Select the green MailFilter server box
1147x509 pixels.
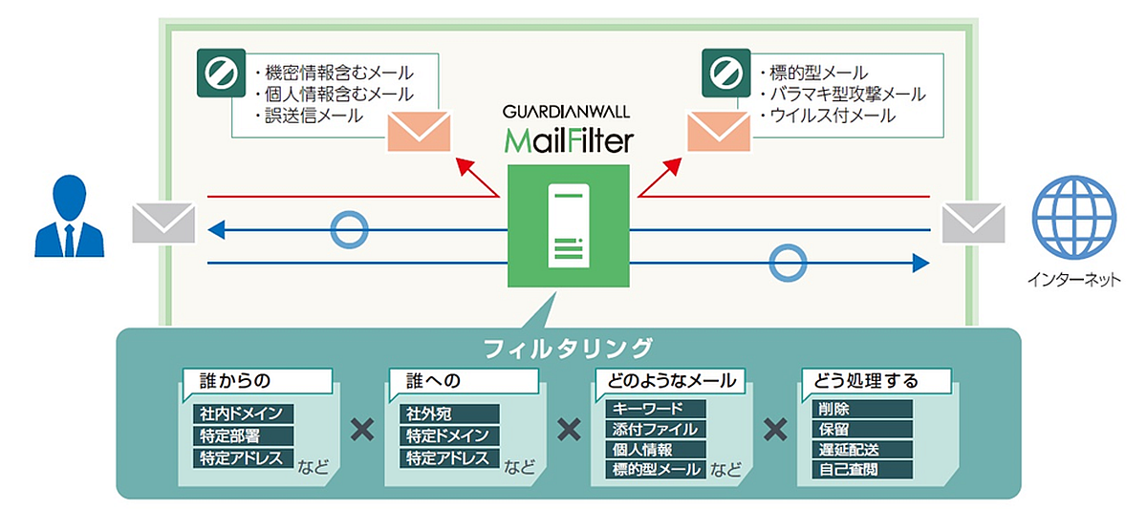[x=568, y=225]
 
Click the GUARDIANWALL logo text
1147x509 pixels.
[x=568, y=110]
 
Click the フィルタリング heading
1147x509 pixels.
[x=568, y=346]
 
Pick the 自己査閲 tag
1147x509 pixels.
[x=848, y=469]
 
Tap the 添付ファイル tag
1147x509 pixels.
[x=656, y=429]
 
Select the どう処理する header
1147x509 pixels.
[x=866, y=380]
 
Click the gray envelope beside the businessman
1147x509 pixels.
[x=163, y=223]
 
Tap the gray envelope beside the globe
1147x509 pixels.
[x=972, y=223]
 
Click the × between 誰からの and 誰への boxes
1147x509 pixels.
[x=361, y=429]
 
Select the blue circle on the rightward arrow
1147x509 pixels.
[x=788, y=262]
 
